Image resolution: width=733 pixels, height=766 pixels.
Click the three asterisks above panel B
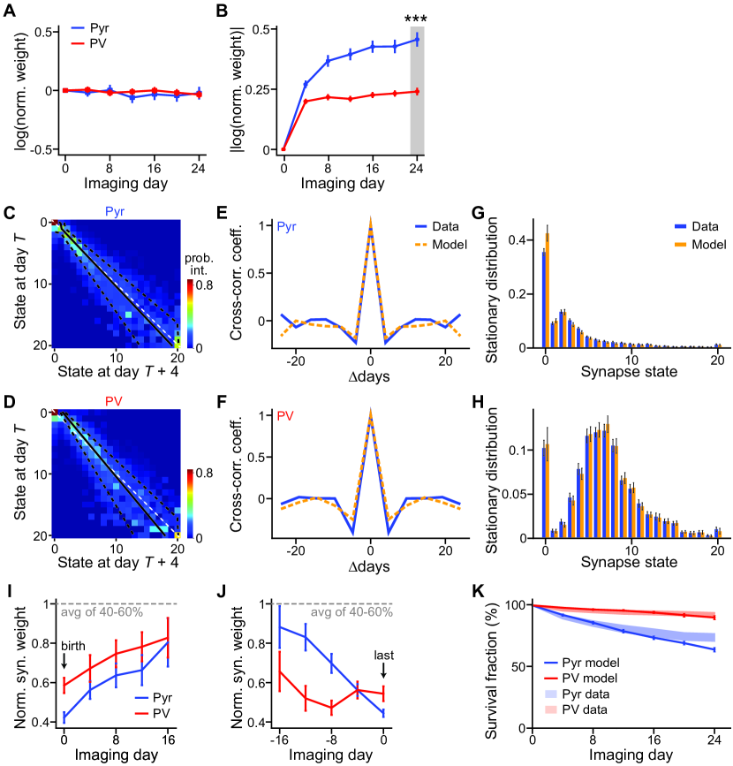pyautogui.click(x=417, y=16)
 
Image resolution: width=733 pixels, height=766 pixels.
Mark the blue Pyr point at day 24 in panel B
pyautogui.click(x=417, y=40)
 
